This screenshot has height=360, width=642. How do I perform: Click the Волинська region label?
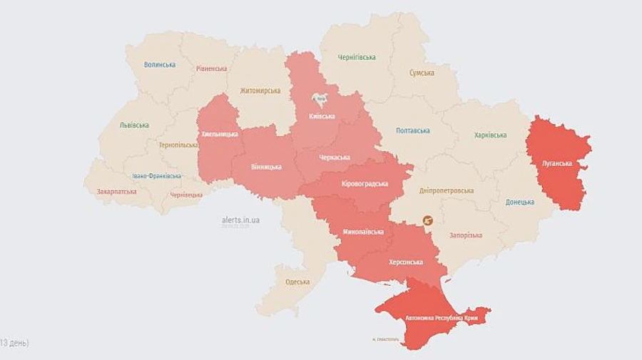[x=159, y=64]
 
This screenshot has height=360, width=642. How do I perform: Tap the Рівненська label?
[x=211, y=69]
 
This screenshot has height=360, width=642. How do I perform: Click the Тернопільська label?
[x=178, y=145]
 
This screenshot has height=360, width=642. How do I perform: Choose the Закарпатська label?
[x=110, y=191]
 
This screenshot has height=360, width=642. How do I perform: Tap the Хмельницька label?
[x=220, y=133]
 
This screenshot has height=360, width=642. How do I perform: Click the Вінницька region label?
[x=266, y=167]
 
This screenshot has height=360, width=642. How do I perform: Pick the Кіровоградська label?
[x=365, y=183]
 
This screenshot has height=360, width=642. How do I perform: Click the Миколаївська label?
[x=363, y=232]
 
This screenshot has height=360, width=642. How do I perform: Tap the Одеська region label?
[x=297, y=282]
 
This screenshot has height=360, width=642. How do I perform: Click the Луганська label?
[x=557, y=163]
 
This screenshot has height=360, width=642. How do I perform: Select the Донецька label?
[x=519, y=202]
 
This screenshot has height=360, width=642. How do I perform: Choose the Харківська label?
[x=490, y=135]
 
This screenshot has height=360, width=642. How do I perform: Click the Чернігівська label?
[x=357, y=57]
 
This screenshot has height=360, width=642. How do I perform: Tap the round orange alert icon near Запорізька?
[x=429, y=222]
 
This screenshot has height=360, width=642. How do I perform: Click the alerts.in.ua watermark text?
[x=240, y=220]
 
